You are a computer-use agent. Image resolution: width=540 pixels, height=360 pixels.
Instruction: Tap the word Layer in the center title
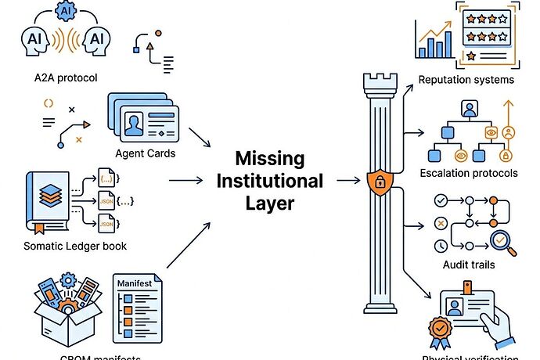click(x=270, y=204)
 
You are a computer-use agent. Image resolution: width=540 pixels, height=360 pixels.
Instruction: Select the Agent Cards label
click(x=145, y=153)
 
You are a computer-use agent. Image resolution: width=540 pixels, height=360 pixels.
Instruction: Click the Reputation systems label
click(x=466, y=80)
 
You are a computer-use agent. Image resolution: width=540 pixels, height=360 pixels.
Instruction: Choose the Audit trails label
click(x=470, y=265)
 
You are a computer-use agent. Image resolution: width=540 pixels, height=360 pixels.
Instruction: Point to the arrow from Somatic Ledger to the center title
click(x=188, y=181)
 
